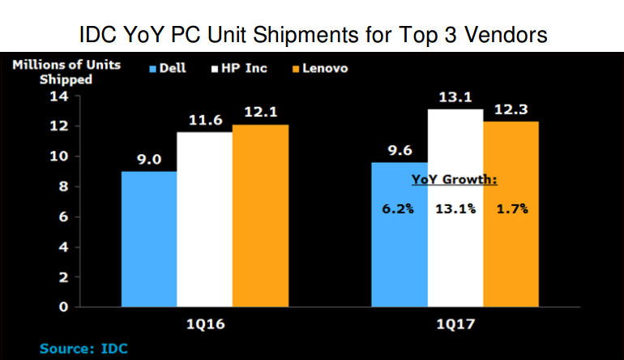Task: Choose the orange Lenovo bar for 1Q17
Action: point(511,259)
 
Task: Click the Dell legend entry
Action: point(168,68)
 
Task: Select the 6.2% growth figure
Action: point(399,208)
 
